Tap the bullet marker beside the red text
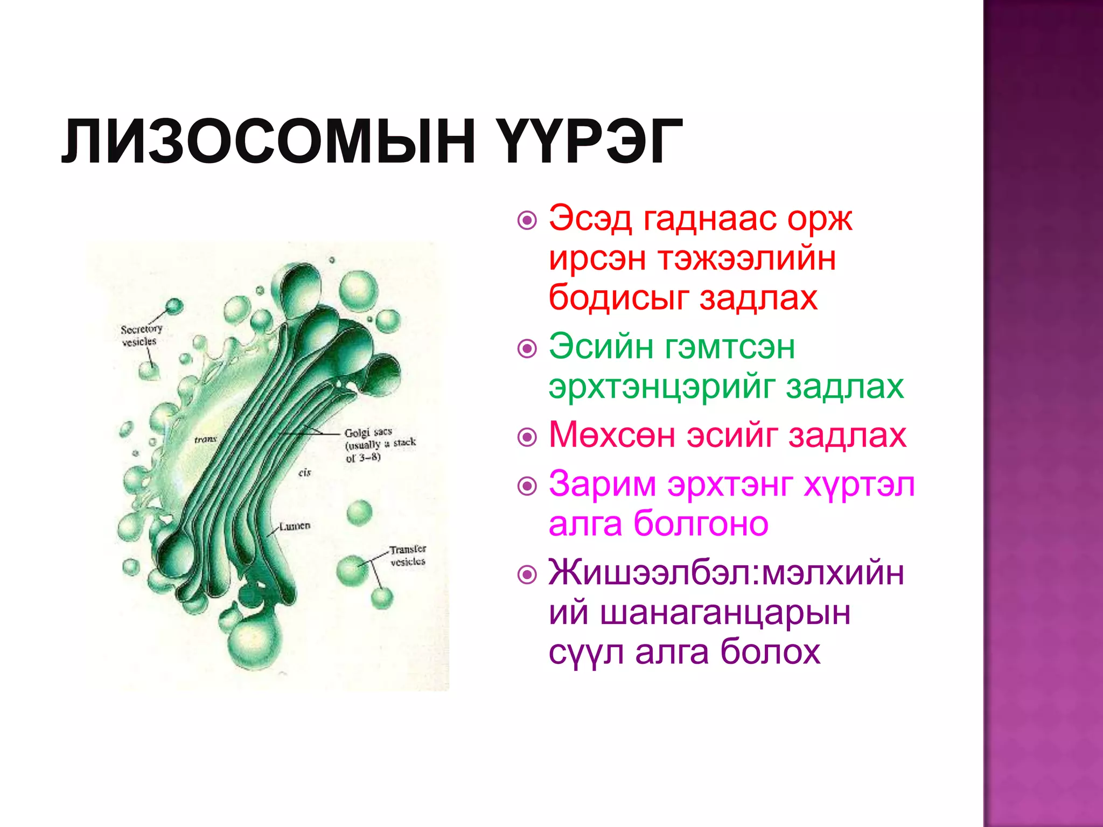pyautogui.click(x=527, y=220)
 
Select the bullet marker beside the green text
pyautogui.click(x=527, y=348)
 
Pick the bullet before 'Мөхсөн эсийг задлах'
pyautogui.click(x=527, y=437)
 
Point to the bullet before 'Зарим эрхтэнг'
pyautogui.click(x=527, y=486)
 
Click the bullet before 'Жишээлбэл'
pyautogui.click(x=527, y=574)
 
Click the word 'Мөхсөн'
pyautogui.click(x=612, y=434)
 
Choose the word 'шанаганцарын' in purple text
pyautogui.click(x=724, y=613)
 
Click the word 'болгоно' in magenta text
pyautogui.click(x=701, y=523)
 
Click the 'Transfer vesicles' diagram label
pyautogui.click(x=408, y=555)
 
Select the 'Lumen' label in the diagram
pyautogui.click(x=295, y=525)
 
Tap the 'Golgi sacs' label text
pyautogui.click(x=368, y=432)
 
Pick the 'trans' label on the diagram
pyautogui.click(x=205, y=440)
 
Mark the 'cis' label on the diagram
pyautogui.click(x=305, y=473)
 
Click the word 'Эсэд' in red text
pyautogui.click(x=590, y=219)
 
